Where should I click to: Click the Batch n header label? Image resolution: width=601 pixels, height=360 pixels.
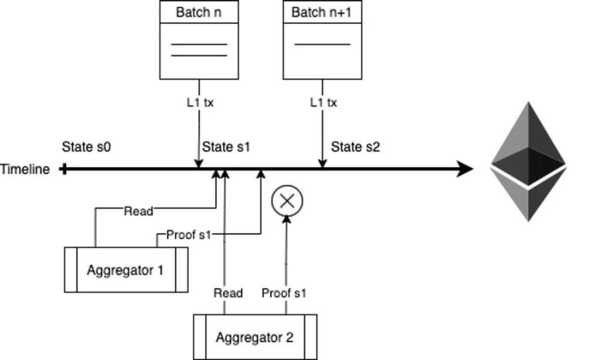pos(198,12)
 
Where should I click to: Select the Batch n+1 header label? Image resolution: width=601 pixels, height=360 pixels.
pos(321,12)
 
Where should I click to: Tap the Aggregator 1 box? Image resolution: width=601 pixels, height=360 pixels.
pos(126,270)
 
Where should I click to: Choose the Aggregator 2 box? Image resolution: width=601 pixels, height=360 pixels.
pos(255,337)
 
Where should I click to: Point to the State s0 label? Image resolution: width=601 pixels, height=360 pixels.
pos(86,147)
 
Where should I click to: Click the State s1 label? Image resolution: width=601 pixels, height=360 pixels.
pos(226,147)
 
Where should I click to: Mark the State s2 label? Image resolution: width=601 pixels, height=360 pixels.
pos(355,147)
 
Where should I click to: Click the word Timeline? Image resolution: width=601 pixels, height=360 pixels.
pos(25,169)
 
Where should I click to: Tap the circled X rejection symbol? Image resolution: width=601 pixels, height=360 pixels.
pos(287,201)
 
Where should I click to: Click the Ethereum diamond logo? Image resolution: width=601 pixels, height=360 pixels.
pos(529,162)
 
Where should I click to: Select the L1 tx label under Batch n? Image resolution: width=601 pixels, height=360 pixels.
pos(200,103)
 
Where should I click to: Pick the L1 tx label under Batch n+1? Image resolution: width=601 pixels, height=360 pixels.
pos(323,103)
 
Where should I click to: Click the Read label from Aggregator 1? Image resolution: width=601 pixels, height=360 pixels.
pos(138,211)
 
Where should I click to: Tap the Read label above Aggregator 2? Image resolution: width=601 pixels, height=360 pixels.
pos(228,293)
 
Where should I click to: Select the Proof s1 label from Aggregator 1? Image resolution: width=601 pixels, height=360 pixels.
pos(188,234)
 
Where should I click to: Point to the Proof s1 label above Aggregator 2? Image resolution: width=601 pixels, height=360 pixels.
pos(284,293)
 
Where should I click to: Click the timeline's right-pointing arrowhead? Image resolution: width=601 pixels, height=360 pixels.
pos(465,169)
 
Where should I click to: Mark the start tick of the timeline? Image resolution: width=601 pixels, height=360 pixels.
pos(64,169)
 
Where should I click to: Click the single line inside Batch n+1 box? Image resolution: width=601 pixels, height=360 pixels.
pos(323,45)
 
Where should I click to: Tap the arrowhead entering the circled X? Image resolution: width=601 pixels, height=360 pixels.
pos(286,219)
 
